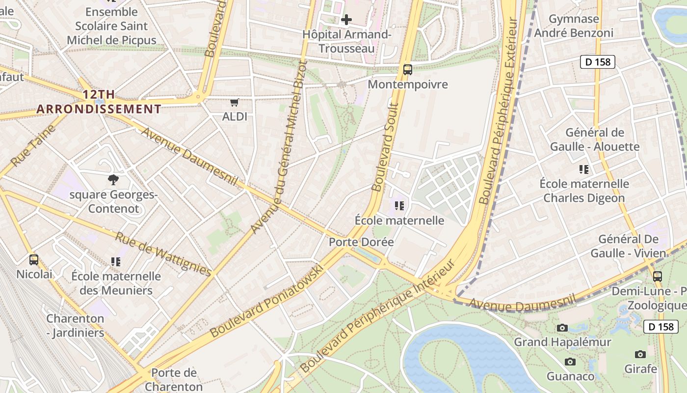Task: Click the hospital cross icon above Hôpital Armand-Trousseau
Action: point(346,20)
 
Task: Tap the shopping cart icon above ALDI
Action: point(235,103)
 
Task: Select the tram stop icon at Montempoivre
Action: point(408,70)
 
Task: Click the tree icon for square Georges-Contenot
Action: point(113,180)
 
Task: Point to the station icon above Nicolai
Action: point(34,259)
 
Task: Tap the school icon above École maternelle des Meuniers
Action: point(116,261)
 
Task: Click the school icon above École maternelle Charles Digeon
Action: point(584,169)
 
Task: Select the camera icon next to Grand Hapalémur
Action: point(562,328)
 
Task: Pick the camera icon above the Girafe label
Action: point(640,354)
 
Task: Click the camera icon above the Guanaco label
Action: point(570,362)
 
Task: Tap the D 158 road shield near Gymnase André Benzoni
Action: point(597,62)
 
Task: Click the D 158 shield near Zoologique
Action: point(661,327)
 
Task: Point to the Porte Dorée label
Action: point(361,242)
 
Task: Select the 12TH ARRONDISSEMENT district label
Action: point(100,102)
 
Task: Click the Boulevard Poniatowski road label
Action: point(267,301)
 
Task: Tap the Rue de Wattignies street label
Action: point(163,254)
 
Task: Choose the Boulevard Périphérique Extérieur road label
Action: point(498,111)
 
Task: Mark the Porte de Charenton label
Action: point(174,379)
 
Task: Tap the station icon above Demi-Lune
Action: point(658,276)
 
